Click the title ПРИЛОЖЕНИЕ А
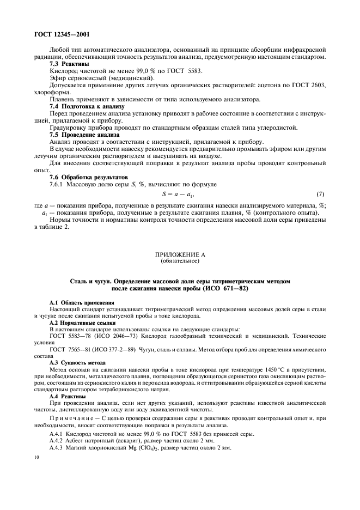pos(180,254)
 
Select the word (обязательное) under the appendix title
pos(180,261)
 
